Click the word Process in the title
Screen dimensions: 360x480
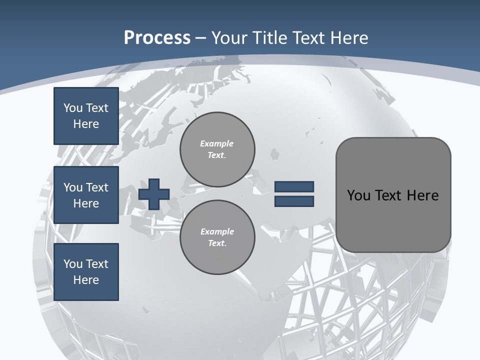157,38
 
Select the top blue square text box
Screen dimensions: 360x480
86,116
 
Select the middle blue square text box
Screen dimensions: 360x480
86,195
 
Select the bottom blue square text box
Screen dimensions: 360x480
86,272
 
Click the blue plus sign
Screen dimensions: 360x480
154,193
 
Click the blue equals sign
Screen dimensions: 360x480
294,194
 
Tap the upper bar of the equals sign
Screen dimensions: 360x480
294,187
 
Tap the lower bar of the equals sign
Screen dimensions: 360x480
294,201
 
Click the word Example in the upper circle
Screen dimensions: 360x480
217,143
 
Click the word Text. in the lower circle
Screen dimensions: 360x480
217,243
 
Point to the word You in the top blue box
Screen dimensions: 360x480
72,108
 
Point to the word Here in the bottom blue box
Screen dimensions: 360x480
86,280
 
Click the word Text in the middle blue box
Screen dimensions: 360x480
97,187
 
